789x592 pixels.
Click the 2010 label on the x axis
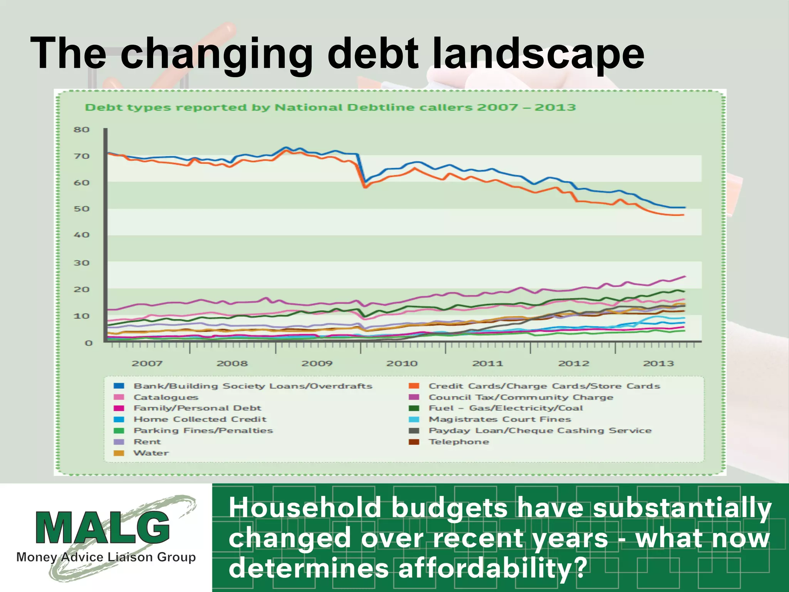[x=402, y=363]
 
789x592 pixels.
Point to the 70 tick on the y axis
[x=81, y=156]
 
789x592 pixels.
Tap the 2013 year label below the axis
[x=658, y=363]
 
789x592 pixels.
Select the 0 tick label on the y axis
[x=89, y=343]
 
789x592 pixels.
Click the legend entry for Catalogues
[x=166, y=397]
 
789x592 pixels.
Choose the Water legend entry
[x=151, y=453]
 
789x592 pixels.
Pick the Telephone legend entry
[x=458, y=442]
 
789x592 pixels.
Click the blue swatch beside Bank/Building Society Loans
[x=119, y=386]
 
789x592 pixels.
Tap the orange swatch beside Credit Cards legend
[x=414, y=386]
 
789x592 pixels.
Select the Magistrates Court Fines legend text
[x=500, y=419]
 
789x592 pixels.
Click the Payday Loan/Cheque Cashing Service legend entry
[x=540, y=431]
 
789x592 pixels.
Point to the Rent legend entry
[x=147, y=442]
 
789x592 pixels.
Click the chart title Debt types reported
[x=330, y=108]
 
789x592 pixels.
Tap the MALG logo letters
[x=102, y=528]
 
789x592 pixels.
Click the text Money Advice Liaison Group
[x=106, y=557]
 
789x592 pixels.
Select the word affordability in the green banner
[x=484, y=568]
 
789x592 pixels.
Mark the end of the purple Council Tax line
[x=685, y=276]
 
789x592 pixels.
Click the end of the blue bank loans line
[x=685, y=208]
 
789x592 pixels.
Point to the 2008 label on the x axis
[x=232, y=363]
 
